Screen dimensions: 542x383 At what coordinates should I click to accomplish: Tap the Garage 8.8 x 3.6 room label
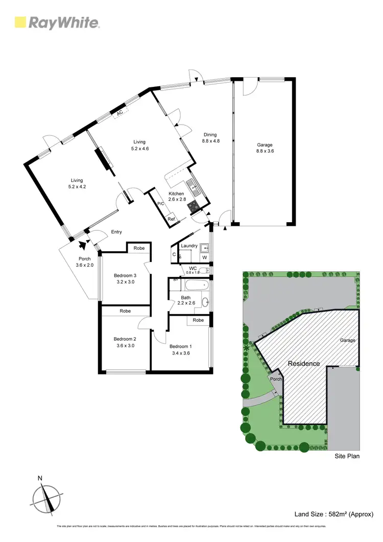point(265,148)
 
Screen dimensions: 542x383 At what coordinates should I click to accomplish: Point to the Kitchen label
point(176,194)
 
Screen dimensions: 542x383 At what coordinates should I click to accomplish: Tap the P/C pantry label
point(160,204)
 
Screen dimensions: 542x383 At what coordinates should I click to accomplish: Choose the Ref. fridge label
point(172,219)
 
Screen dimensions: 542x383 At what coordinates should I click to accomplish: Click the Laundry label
point(189,246)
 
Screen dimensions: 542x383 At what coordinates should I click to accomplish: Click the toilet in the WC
point(203,270)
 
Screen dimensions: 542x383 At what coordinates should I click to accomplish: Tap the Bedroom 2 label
point(125,342)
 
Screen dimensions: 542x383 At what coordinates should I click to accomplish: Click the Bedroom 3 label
point(125,278)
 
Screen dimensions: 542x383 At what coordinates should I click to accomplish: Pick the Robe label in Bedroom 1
point(199,320)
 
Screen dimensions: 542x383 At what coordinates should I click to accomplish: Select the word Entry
point(116,232)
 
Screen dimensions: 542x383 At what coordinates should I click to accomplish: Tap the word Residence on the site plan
point(304,364)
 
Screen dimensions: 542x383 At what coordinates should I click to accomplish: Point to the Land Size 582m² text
point(335,514)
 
